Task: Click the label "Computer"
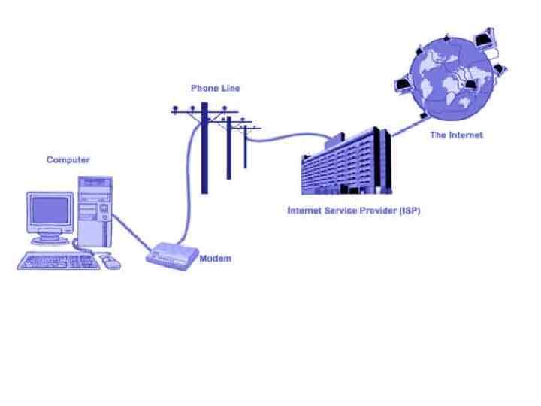[68, 160]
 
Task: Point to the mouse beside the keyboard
[111, 262]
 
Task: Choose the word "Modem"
[215, 259]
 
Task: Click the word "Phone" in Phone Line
[204, 88]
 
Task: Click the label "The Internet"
[455, 136]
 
